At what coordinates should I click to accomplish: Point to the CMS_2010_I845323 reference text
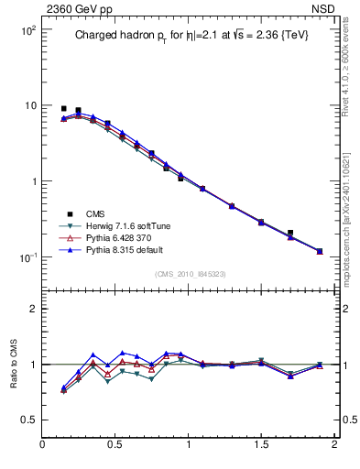[x=189, y=273]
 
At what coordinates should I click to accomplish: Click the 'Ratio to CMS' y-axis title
[x=13, y=365]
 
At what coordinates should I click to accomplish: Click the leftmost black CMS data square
[x=63, y=108]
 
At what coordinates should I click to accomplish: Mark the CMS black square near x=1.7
[x=290, y=233]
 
